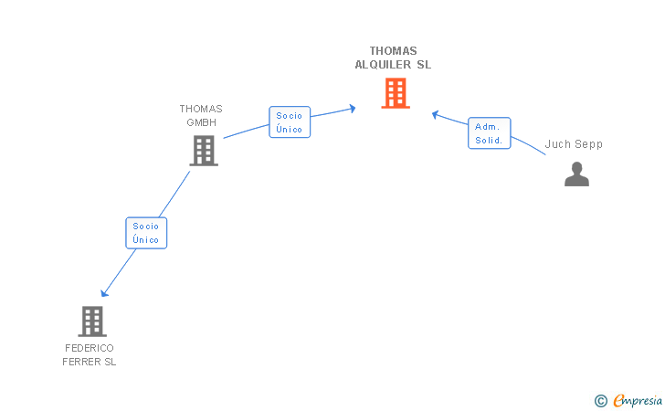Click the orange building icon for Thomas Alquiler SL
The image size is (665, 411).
(395, 93)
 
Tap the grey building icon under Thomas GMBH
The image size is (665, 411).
(204, 151)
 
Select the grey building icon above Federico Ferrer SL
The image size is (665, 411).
(92, 321)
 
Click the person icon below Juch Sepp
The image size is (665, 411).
(576, 174)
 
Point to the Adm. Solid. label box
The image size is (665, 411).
(490, 133)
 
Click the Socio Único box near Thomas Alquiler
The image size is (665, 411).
(290, 122)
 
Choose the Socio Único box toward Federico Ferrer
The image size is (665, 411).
(146, 233)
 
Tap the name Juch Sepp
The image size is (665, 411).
(574, 144)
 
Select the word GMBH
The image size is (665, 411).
(201, 122)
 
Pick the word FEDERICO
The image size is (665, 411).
(90, 348)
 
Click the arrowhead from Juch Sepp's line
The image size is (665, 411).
(436, 114)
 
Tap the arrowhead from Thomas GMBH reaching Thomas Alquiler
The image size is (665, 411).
(352, 109)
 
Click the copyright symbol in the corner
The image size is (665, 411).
(600, 400)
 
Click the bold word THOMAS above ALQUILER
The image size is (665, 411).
(393, 51)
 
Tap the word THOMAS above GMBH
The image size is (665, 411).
(201, 109)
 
